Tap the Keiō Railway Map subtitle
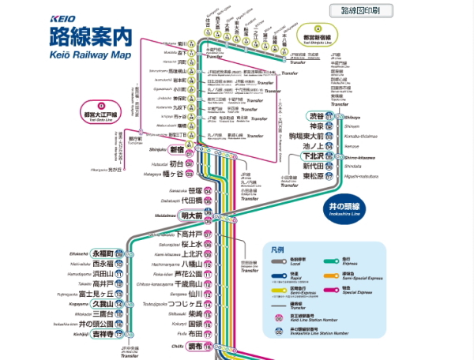88,54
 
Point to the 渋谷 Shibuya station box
316,116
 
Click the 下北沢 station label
316,156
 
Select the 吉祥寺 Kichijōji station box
103,335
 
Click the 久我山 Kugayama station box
103,304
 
